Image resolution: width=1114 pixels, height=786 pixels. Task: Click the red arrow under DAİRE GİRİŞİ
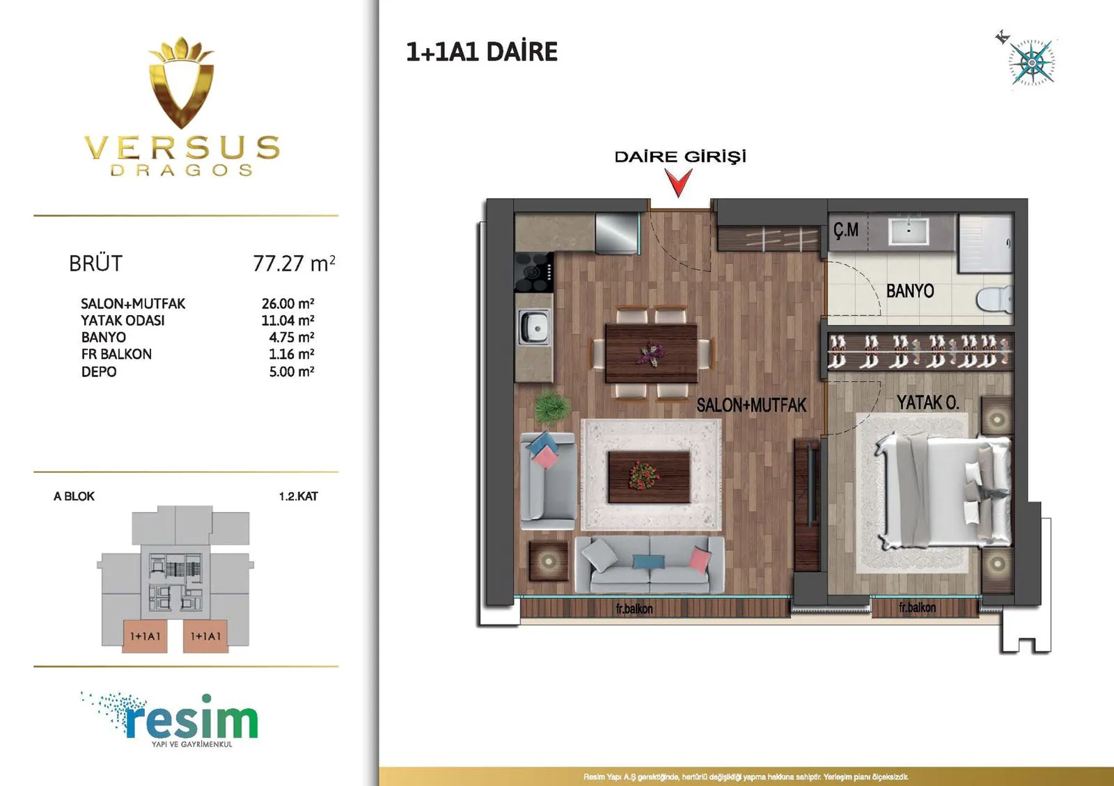[679, 182]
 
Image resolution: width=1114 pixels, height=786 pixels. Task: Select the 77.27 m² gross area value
[294, 264]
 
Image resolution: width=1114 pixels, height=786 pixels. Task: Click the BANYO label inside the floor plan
[910, 291]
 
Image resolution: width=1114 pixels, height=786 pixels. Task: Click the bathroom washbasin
[909, 231]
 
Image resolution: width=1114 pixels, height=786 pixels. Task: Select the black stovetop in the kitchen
[533, 272]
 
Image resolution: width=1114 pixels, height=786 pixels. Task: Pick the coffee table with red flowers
[649, 476]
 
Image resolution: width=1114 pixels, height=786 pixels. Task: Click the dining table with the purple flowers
[651, 353]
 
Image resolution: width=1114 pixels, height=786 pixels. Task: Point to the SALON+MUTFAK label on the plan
[751, 405]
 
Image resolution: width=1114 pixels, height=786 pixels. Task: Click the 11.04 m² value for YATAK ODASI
[288, 321]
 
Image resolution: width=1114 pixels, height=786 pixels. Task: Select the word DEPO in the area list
[99, 371]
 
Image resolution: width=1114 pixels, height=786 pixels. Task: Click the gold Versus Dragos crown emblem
[182, 82]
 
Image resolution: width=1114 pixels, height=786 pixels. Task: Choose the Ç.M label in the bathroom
[846, 230]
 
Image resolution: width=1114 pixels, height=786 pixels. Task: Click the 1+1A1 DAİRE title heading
[481, 52]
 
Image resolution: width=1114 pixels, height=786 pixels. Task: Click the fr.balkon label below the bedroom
[917, 607]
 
